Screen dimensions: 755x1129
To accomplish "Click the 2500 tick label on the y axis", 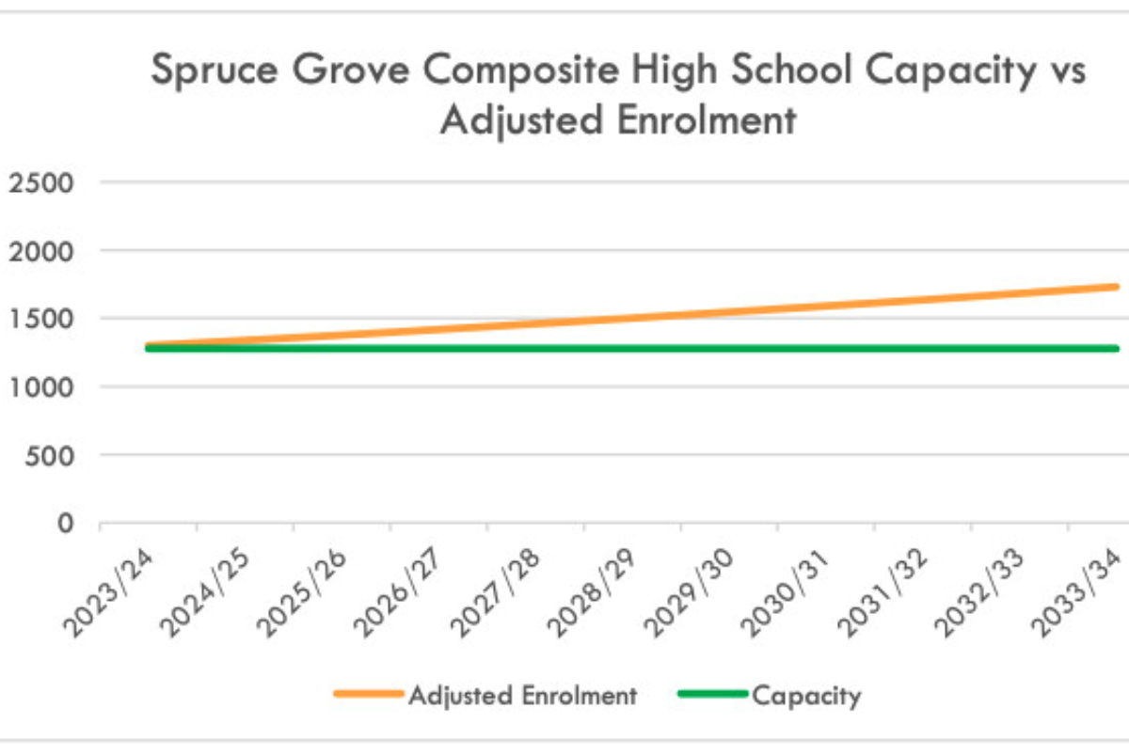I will (40, 182).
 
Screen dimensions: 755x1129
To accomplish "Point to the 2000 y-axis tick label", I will (40, 251).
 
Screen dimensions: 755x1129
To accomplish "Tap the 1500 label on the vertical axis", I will (40, 319).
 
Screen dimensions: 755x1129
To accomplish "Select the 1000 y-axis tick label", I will (40, 386).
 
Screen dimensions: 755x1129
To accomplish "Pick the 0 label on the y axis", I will (67, 523).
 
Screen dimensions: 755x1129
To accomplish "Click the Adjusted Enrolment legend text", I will (522, 697).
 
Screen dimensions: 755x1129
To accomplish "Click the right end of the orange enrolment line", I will (1116, 287).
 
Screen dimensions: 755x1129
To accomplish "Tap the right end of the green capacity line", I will (1116, 349).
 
